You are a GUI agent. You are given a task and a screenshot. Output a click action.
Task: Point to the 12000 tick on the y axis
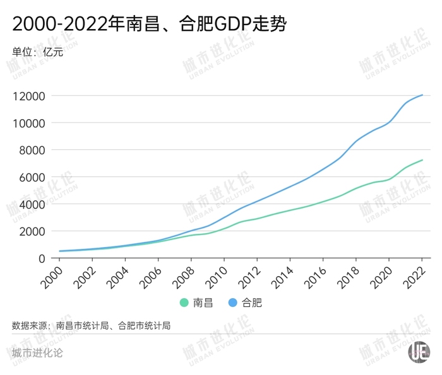click(x=28, y=96)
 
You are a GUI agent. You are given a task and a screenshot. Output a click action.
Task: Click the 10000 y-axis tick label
click(x=28, y=123)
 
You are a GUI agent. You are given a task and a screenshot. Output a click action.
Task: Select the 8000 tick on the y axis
click(x=32, y=150)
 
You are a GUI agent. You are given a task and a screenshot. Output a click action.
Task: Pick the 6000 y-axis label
click(x=32, y=177)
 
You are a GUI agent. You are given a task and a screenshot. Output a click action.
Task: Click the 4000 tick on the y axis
click(x=32, y=204)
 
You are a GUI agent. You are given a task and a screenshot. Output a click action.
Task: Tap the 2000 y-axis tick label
click(x=32, y=231)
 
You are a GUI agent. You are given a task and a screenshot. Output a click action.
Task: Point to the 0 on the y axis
click(x=42, y=258)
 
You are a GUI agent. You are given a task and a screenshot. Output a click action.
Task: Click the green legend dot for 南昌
click(x=184, y=303)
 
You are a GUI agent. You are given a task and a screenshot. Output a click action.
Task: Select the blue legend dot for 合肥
click(x=231, y=303)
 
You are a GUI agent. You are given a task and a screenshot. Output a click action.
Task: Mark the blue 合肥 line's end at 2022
click(x=422, y=95)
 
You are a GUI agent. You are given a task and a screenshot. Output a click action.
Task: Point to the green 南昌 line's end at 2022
click(x=422, y=160)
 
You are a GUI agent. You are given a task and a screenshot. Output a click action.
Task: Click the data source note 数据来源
click(x=92, y=326)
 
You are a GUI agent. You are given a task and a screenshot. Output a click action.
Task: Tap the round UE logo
click(x=419, y=352)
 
